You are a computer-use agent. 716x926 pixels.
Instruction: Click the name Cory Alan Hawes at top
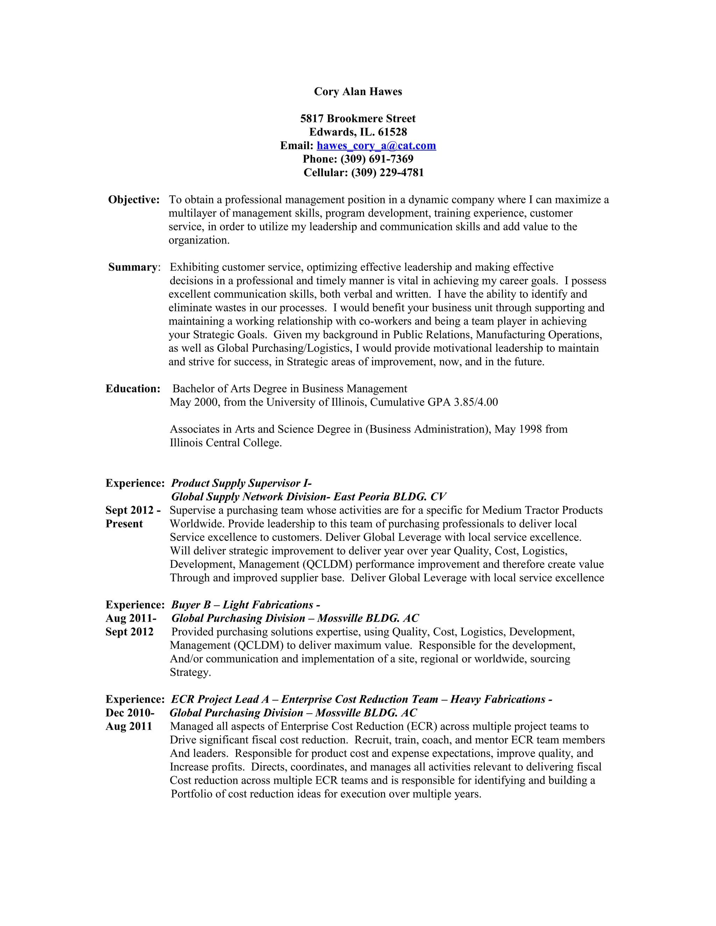point(358,92)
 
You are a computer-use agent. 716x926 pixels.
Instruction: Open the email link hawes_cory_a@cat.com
point(376,146)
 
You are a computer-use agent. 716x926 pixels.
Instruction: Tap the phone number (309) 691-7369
point(377,159)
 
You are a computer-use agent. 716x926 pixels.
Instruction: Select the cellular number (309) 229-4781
point(387,173)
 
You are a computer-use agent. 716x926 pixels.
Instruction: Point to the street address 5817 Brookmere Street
point(358,119)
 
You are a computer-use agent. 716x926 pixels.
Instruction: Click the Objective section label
point(134,200)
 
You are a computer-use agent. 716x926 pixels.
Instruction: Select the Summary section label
point(133,267)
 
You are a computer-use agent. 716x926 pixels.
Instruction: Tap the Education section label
point(133,389)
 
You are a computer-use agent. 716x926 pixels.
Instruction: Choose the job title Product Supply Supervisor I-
point(241,483)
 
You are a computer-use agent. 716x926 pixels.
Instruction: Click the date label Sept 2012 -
point(133,511)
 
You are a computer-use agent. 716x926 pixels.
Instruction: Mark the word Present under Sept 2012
point(124,524)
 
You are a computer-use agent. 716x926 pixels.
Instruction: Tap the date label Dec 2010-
point(130,713)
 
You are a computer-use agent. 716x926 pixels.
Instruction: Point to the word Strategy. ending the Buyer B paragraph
point(190,672)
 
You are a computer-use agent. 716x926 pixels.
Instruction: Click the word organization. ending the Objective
point(199,240)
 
